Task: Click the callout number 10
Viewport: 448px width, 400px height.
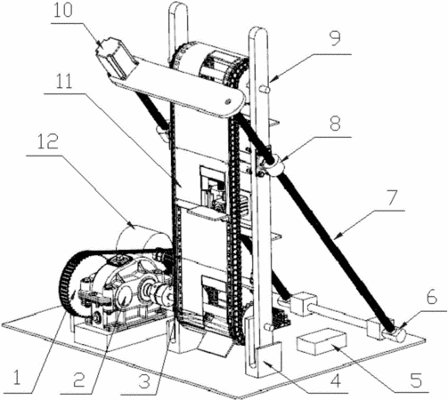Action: pos(63,12)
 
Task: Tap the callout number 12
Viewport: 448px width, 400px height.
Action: pos(48,141)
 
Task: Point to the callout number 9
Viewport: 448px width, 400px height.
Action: pos(336,38)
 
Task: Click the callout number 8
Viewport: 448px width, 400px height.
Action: pos(335,124)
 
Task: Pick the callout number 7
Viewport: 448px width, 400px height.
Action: pos(392,198)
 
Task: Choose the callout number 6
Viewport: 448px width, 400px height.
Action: pos(432,297)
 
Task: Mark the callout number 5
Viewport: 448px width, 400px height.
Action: pos(416,380)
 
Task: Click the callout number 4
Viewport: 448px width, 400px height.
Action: pos(336,380)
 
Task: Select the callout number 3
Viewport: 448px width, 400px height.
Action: pos(144,381)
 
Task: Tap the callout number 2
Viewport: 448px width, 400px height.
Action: pos(79,380)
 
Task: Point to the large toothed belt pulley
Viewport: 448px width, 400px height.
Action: pos(75,282)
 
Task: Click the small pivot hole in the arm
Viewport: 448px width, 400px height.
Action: pos(228,101)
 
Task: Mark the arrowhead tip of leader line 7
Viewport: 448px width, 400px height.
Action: pos(335,238)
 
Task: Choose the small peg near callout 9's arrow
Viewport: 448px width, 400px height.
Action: pos(265,88)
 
